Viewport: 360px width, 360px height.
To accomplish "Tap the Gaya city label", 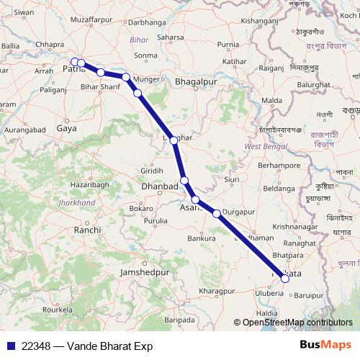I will tap(67, 128).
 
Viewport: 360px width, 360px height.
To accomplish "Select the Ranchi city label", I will tap(87, 230).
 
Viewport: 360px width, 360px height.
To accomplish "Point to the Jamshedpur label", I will tap(144, 274).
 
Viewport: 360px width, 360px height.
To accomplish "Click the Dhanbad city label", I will tap(159, 186).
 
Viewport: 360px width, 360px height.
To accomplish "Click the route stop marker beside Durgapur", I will tap(217, 213).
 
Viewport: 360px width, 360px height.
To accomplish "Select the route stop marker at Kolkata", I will tap(285, 278).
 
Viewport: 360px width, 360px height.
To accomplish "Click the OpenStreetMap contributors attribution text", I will tap(297, 323).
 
